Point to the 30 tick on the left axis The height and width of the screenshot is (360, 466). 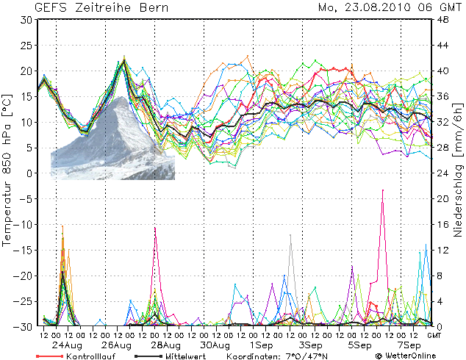click(x=26, y=20)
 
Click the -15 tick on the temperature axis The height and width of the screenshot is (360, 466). click(x=24, y=250)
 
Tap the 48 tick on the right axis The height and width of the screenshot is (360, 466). click(x=444, y=20)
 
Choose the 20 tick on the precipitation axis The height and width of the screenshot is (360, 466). click(x=444, y=198)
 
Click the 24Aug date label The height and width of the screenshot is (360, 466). click(x=67, y=345)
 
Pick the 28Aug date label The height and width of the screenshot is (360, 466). click(x=166, y=345)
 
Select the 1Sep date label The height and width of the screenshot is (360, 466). click(x=261, y=345)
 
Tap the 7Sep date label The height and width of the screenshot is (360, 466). click(x=409, y=345)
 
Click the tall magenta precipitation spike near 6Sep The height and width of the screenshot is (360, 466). click(x=382, y=191)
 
